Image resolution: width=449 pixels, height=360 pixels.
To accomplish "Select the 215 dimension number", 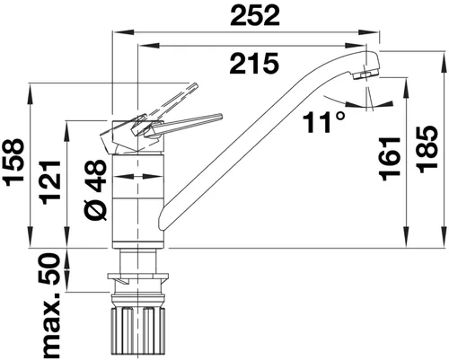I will click(x=251, y=63).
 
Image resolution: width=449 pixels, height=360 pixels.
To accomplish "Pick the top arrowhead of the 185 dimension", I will click(x=409, y=57).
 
